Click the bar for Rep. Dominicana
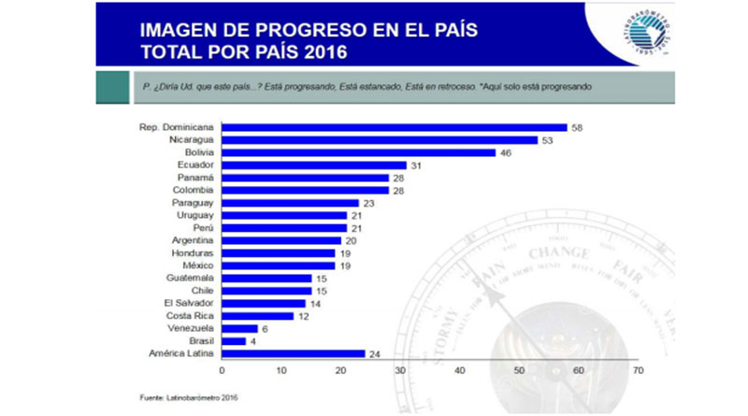(x=393, y=127)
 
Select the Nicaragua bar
(x=379, y=139)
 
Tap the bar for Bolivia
(x=358, y=152)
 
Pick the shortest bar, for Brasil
(x=233, y=341)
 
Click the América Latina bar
(x=293, y=353)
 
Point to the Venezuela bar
(x=238, y=328)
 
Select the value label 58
(x=577, y=127)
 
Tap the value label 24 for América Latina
(x=374, y=353)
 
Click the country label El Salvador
(x=190, y=303)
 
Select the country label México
(x=197, y=265)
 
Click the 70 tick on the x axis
(x=639, y=371)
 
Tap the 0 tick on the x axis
(x=222, y=371)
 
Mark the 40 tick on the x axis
(x=460, y=371)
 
